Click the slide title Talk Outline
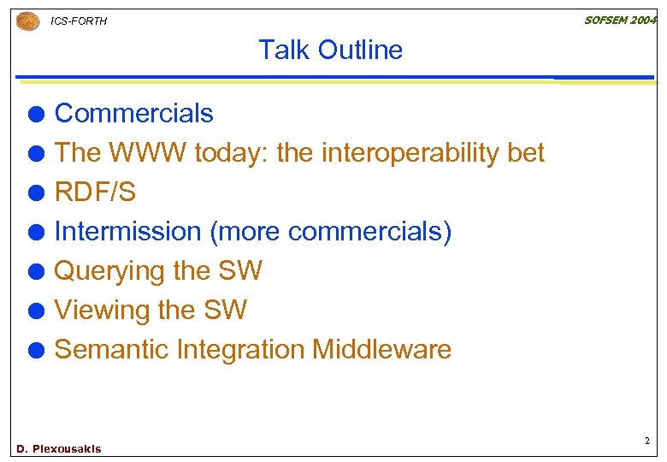click(x=330, y=50)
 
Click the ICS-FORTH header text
click(x=80, y=21)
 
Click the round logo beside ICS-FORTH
click(x=28, y=21)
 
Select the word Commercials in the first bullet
click(x=133, y=113)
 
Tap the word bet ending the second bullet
click(x=526, y=152)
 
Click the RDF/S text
click(x=95, y=192)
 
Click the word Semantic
click(x=111, y=349)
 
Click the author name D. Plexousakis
click(x=59, y=449)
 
